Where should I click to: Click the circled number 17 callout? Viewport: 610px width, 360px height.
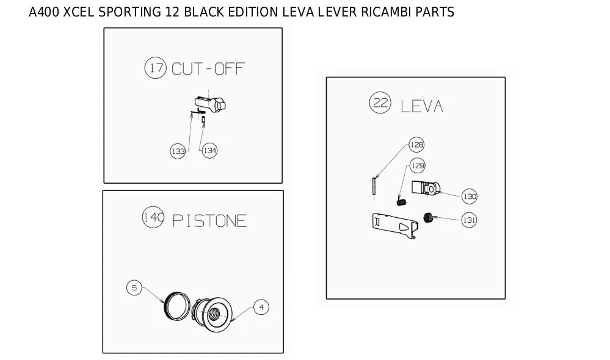[x=156, y=68]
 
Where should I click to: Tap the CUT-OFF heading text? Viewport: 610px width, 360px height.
[x=208, y=69]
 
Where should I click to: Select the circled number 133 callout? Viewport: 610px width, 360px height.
[x=178, y=151]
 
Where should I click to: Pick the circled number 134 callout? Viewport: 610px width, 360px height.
[x=209, y=151]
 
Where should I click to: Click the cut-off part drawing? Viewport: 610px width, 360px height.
[x=210, y=104]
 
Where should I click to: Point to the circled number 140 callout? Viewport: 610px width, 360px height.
[x=153, y=217]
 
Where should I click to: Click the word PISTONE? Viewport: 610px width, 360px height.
[x=209, y=221]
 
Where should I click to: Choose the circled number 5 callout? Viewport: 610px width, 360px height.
[x=134, y=287]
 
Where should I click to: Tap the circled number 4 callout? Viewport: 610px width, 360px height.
[x=261, y=307]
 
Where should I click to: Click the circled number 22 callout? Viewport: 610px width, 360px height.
[x=380, y=103]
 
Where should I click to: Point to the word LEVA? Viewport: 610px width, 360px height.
[x=422, y=106]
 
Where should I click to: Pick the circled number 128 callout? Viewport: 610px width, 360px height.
[x=416, y=145]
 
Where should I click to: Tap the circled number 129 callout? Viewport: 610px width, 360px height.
[x=418, y=165]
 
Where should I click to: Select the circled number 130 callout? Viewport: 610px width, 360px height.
[x=470, y=196]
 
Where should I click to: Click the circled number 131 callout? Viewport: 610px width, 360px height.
[x=469, y=220]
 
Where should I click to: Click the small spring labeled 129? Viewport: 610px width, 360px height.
[x=402, y=202]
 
